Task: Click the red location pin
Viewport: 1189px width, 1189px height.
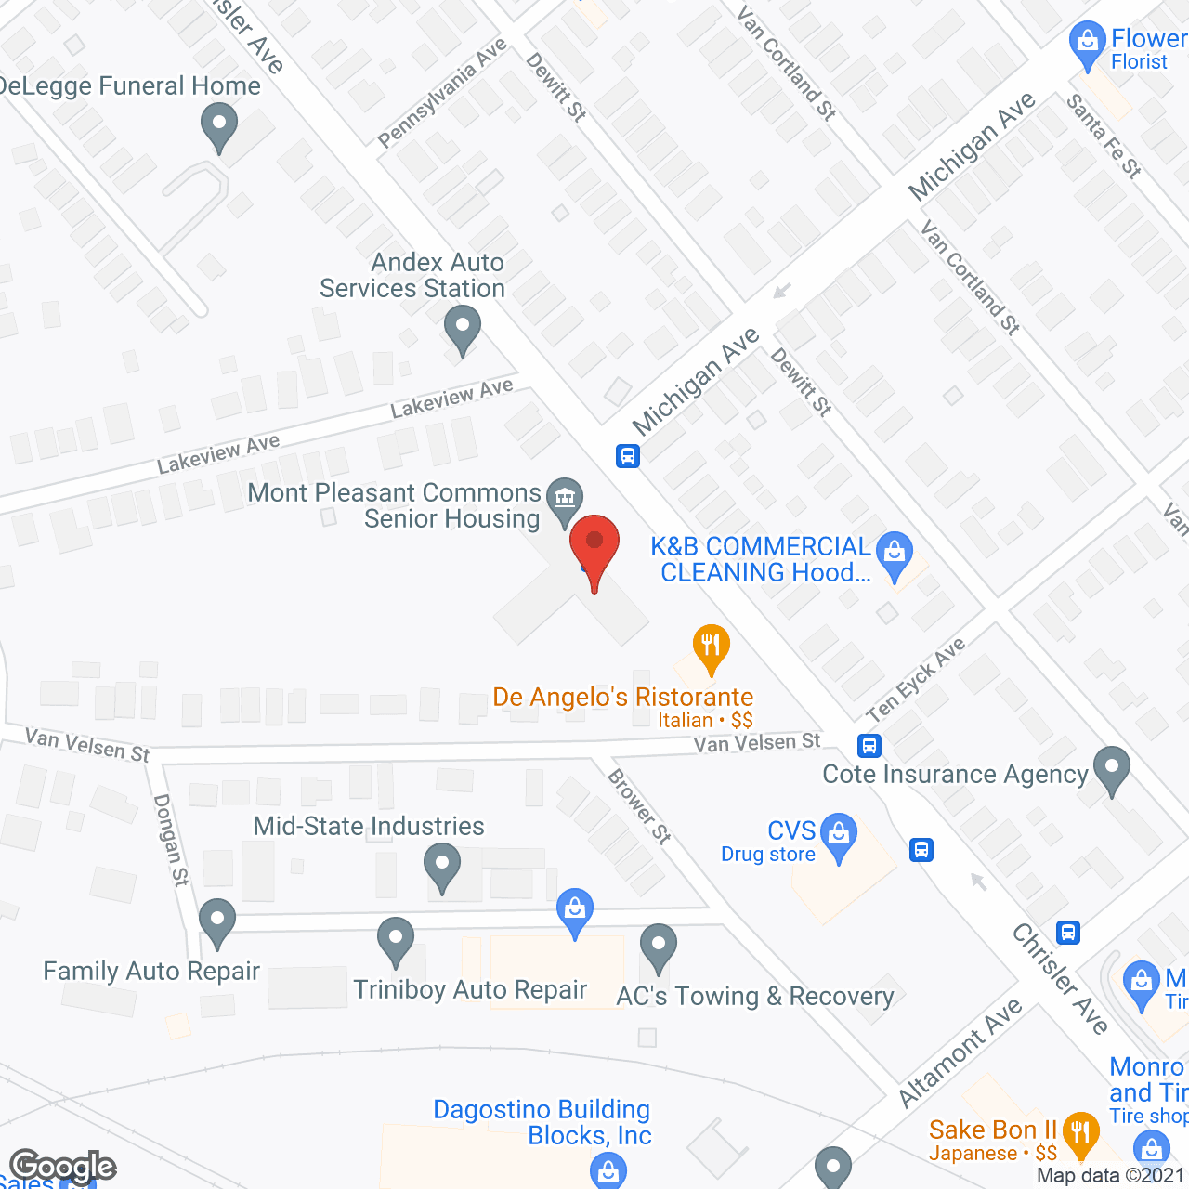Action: pyautogui.click(x=594, y=548)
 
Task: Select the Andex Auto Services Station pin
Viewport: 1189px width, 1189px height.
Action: pyautogui.click(x=462, y=328)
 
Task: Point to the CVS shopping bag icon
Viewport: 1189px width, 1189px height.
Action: pyautogui.click(x=839, y=835)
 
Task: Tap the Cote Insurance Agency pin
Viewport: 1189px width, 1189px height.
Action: pyautogui.click(x=1111, y=769)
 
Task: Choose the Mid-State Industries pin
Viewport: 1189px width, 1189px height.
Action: pyautogui.click(x=442, y=865)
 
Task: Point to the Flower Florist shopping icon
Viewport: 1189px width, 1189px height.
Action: pyautogui.click(x=1087, y=44)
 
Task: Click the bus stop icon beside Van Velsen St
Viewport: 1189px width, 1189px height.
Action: pyautogui.click(x=869, y=745)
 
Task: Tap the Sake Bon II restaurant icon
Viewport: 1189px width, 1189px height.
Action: pyautogui.click(x=1079, y=1132)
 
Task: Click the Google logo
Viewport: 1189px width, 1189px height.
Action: pyautogui.click(x=63, y=1167)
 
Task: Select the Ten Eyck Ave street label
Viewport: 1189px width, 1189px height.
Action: pyautogui.click(x=916, y=680)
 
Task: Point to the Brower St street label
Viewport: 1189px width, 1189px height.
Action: pyautogui.click(x=639, y=805)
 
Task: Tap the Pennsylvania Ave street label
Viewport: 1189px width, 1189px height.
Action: pyautogui.click(x=442, y=93)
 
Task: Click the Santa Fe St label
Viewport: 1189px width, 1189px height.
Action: pyautogui.click(x=1104, y=136)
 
